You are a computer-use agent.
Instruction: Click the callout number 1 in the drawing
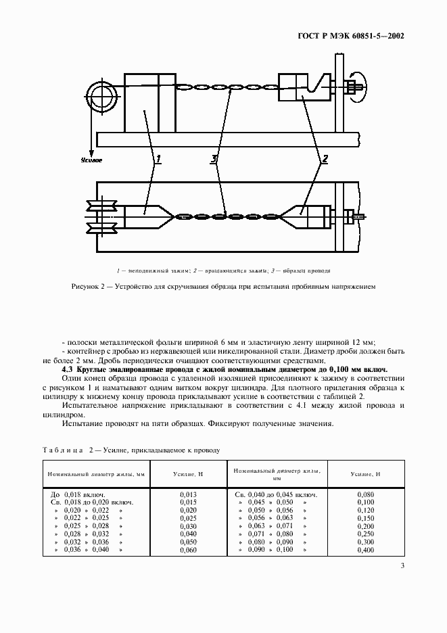(158, 160)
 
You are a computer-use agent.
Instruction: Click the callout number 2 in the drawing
(324, 160)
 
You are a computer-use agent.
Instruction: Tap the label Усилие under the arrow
(91, 161)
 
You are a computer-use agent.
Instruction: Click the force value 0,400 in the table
(366, 550)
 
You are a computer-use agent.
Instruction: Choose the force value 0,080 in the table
(366, 495)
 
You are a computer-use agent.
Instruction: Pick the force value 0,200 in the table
(366, 526)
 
